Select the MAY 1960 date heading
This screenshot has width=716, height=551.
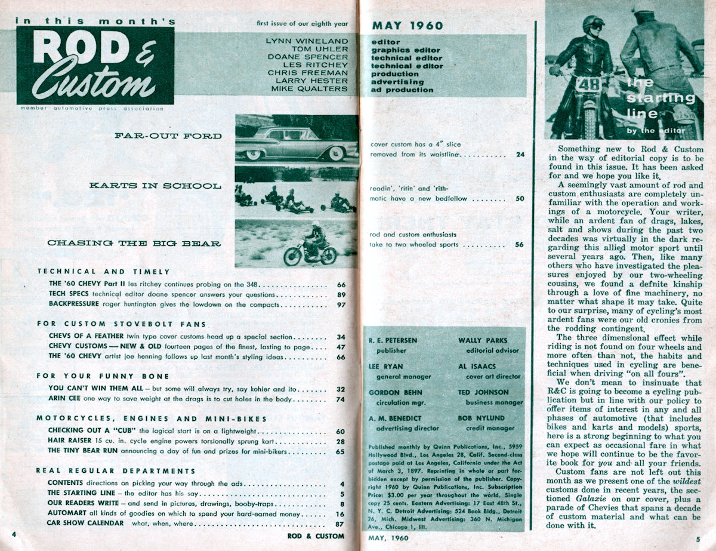408,26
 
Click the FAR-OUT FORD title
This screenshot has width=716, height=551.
168,136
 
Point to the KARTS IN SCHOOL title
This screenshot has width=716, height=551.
154,186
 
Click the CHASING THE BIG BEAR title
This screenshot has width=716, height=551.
134,243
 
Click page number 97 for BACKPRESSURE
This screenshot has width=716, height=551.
341,305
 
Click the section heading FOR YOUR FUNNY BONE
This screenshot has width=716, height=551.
103,376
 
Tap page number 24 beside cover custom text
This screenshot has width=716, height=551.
520,154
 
